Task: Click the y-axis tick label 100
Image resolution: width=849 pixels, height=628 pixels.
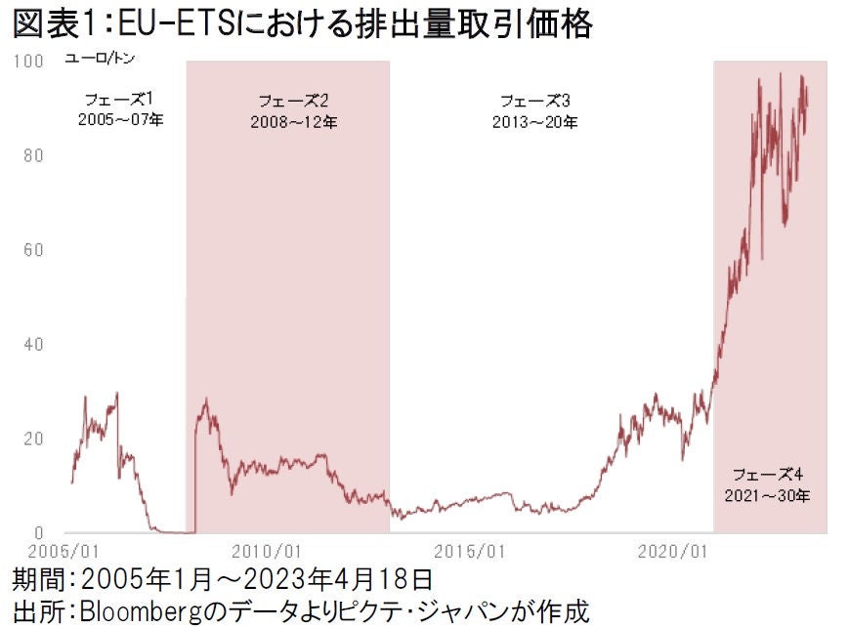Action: coord(28,62)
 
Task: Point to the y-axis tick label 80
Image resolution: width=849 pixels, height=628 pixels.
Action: coord(31,156)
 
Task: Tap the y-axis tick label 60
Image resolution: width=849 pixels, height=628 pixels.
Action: coord(31,250)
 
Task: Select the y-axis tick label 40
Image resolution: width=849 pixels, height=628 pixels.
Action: coord(31,345)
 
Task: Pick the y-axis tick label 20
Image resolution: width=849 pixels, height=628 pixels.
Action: coord(31,439)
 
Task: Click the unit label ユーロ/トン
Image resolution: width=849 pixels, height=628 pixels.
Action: coord(101,60)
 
